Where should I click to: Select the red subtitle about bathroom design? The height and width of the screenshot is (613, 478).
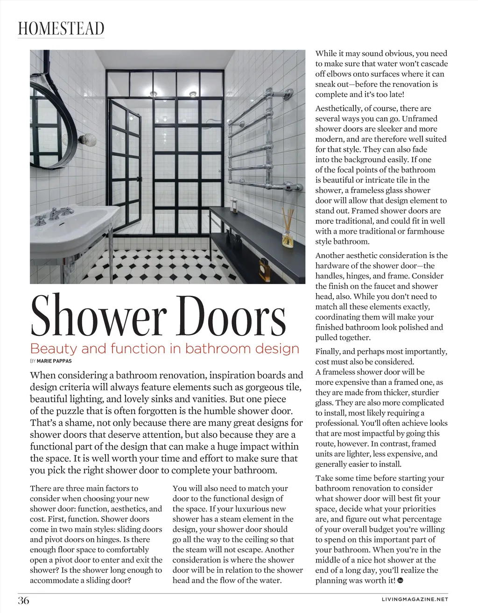point(164,349)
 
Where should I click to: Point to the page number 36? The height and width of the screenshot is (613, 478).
point(24,600)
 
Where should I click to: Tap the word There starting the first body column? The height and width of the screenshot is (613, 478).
point(41,488)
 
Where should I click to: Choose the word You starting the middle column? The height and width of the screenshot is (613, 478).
point(180,488)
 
